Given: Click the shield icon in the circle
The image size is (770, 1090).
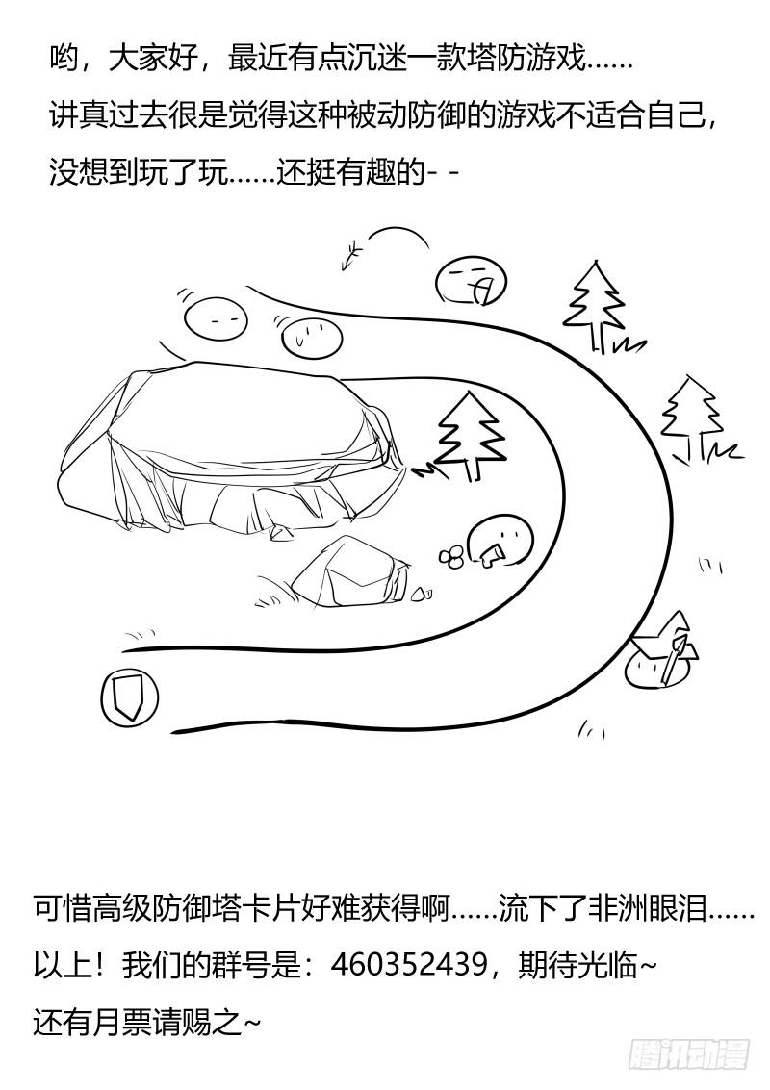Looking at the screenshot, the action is point(129,696).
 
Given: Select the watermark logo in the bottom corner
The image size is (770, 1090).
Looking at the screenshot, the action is point(689,1054).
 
